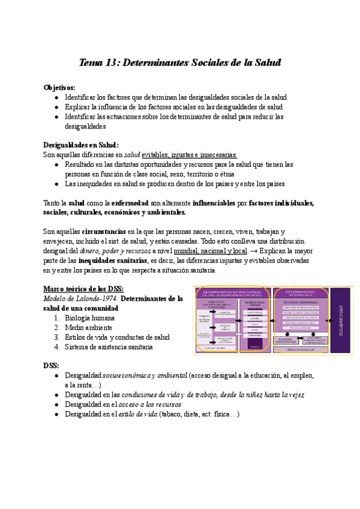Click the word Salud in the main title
(x=267, y=62)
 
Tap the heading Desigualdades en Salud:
(x=81, y=145)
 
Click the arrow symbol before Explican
(x=254, y=250)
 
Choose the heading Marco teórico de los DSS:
(x=83, y=289)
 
